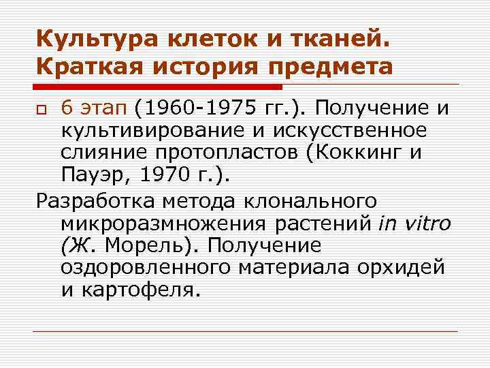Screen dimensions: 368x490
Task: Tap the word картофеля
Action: point(143,290)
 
